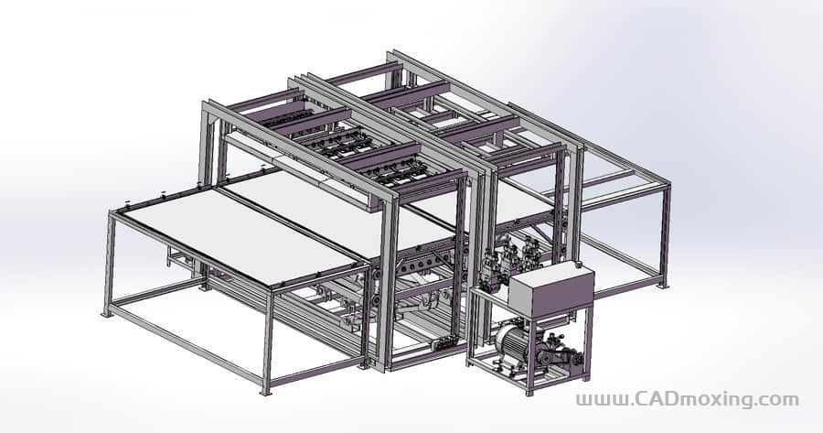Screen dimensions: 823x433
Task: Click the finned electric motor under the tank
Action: coord(512,342)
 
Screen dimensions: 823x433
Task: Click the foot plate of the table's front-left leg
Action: coord(107,314)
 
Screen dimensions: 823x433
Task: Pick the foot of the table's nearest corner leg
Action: coord(265,392)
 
